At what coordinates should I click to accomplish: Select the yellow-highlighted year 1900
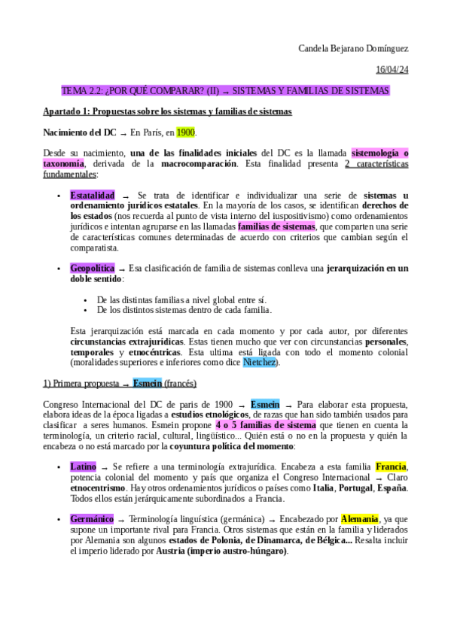(x=186, y=132)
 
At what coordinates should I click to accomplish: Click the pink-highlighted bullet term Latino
(x=83, y=466)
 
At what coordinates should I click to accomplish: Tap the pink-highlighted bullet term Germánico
(x=92, y=519)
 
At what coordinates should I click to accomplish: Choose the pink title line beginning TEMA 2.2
(x=225, y=91)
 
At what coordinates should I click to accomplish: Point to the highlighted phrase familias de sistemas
(x=276, y=226)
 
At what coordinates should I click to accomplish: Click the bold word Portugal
(x=358, y=488)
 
